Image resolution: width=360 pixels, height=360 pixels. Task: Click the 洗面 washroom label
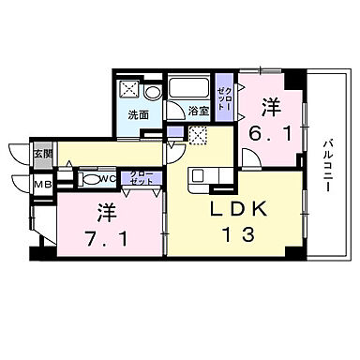[139, 116]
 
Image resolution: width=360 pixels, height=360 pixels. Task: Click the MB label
[43, 184]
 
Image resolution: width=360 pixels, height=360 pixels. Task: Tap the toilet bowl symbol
[88, 177]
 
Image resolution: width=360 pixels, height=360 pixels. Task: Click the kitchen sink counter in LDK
[202, 176]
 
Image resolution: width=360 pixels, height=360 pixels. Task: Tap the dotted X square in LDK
[198, 135]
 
